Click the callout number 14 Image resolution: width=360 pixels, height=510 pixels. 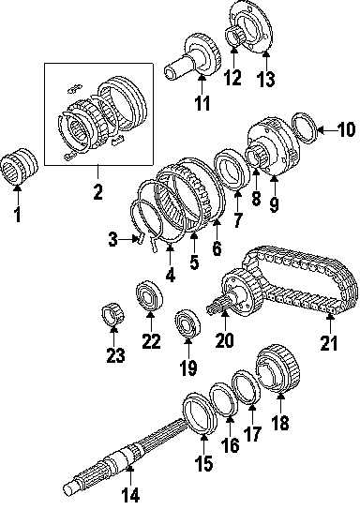(130, 495)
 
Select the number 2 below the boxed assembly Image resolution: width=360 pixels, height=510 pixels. (97, 192)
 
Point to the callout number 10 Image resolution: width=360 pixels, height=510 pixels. (345, 129)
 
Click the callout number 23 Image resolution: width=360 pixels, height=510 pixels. (115, 355)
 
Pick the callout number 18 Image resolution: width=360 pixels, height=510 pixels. (279, 423)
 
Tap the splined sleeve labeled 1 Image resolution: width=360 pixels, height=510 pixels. (19, 166)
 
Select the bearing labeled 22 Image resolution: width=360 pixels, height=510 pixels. (149, 297)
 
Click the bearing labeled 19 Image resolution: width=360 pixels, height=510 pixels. (187, 324)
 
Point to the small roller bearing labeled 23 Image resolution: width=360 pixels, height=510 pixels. (112, 314)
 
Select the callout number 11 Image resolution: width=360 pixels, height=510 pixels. (202, 103)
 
